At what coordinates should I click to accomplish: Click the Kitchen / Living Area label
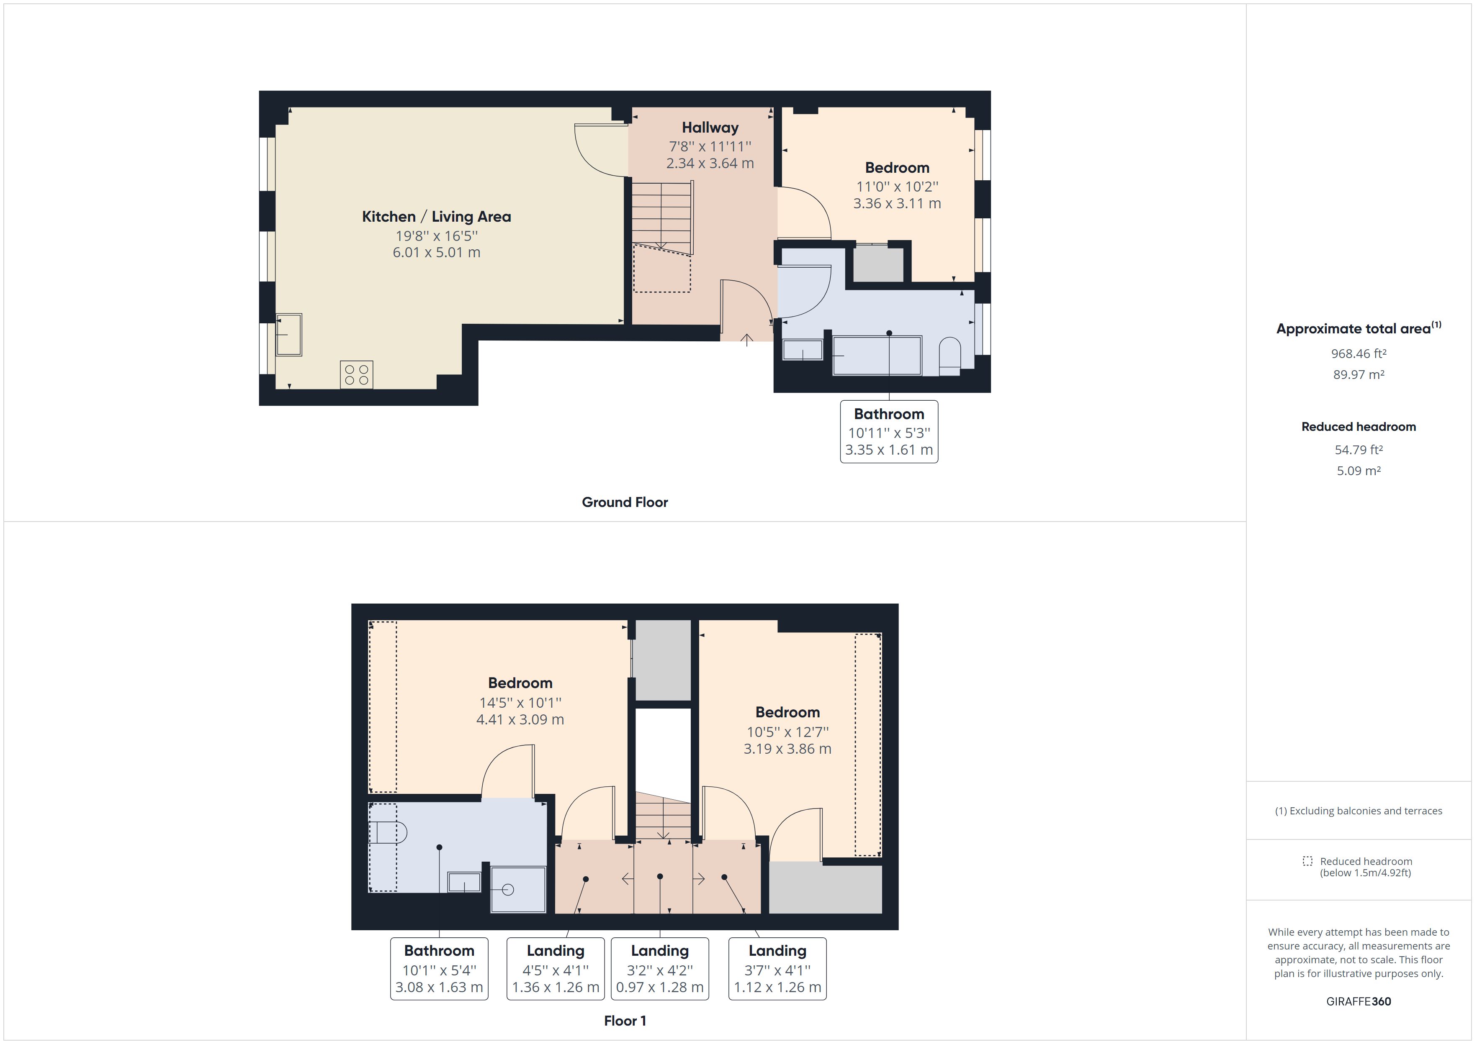coord(436,217)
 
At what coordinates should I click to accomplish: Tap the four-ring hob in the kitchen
coord(356,375)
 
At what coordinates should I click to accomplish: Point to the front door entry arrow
coord(746,340)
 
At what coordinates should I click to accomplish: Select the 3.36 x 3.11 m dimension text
coord(897,204)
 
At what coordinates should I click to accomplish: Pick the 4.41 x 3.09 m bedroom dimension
coord(520,719)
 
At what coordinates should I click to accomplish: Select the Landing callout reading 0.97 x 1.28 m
coord(659,969)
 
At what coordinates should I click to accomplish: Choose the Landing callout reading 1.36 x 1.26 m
coord(555,969)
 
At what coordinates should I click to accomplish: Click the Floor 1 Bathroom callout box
coord(439,969)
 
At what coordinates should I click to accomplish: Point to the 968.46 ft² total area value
coord(1358,353)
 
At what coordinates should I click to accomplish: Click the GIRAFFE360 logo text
coord(1358,1002)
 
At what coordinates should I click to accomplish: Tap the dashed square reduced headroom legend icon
coord(1307,861)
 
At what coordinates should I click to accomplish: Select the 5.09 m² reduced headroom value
coord(1358,471)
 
